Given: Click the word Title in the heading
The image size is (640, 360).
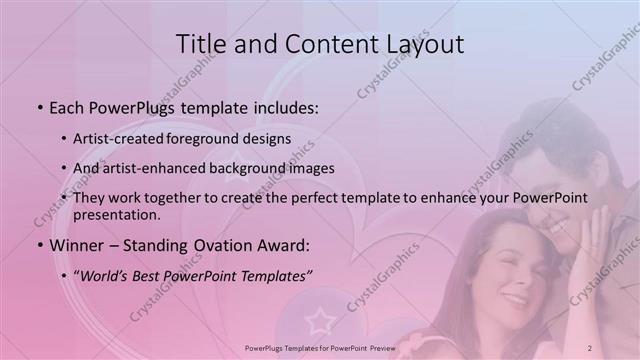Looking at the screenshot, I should click(200, 44).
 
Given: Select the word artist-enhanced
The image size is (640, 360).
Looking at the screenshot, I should click(160, 168).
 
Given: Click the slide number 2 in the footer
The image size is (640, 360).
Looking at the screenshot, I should click(590, 347).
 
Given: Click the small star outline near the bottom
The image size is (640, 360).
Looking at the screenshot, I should click(320, 321).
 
